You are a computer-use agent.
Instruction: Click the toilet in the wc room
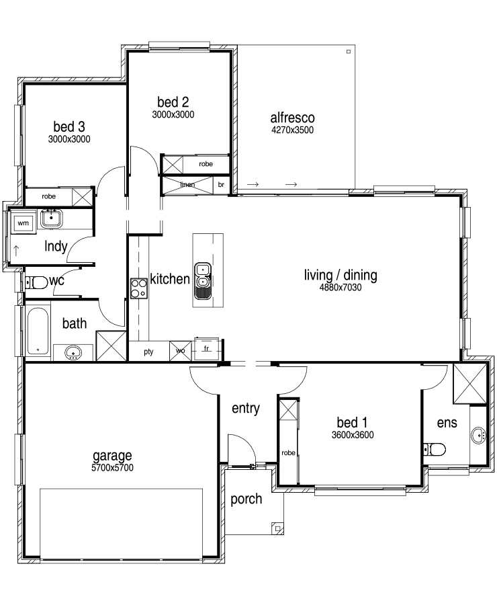point(36,282)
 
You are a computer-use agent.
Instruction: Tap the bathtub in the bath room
point(38,331)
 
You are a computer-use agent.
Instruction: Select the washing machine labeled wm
point(23,223)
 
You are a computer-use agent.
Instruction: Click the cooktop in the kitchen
point(139,288)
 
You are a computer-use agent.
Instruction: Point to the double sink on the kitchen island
point(203,280)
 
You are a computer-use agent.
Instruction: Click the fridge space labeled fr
point(207,349)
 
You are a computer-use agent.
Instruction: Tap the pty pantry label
point(148,352)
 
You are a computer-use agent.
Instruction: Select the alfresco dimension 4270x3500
point(292,130)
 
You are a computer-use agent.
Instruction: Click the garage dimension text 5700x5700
point(112,468)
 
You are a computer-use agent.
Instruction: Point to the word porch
point(246,499)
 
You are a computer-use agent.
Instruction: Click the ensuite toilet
point(434,449)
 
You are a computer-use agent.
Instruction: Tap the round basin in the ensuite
point(478,435)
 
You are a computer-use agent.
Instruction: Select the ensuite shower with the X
point(469,384)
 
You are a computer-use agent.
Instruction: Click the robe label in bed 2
point(206,164)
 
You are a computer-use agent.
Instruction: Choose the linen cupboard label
point(187,184)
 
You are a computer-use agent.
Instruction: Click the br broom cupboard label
point(221,184)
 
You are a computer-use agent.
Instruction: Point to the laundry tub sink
point(51,218)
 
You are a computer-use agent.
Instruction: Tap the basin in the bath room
point(73,353)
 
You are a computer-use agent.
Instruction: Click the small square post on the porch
point(277,528)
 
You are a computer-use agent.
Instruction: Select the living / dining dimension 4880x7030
point(341,288)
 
